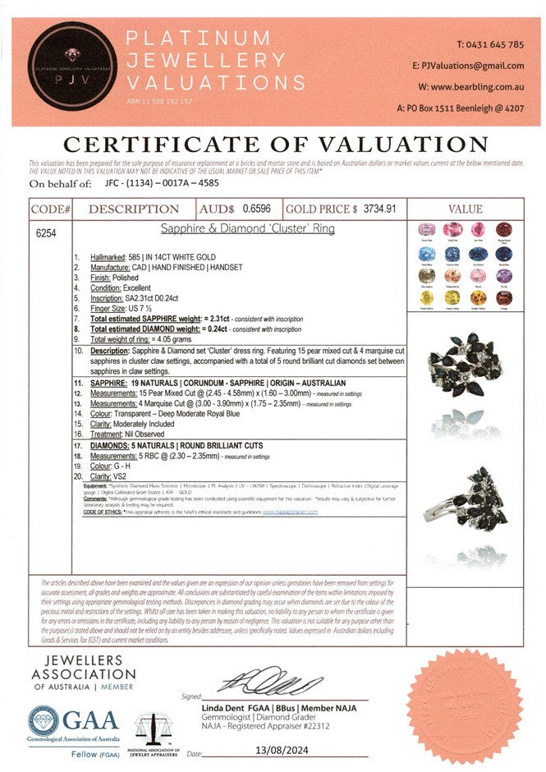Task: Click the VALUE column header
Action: [x=465, y=209]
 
